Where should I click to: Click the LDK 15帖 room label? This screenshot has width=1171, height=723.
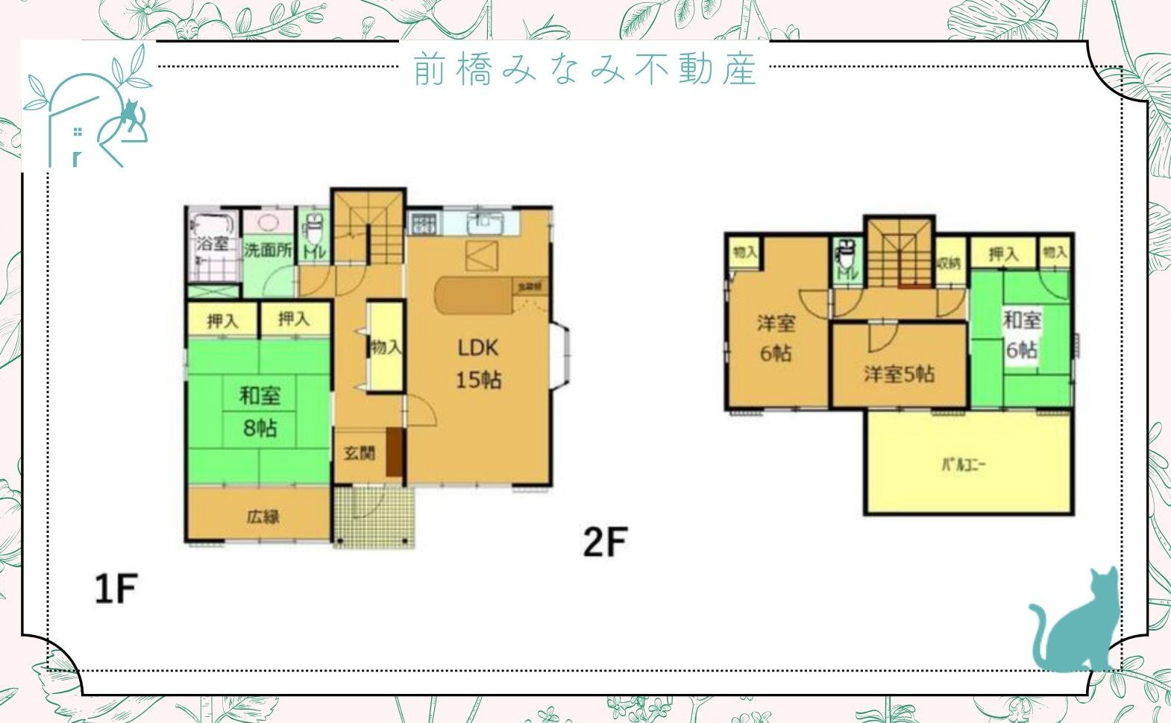(478, 364)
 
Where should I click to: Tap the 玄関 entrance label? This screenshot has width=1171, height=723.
(359, 452)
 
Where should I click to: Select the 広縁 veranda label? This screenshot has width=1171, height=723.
(263, 516)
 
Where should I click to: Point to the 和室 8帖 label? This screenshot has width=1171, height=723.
(260, 411)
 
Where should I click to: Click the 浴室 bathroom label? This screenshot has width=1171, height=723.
(213, 244)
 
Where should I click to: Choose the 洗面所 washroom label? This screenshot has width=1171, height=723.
(268, 250)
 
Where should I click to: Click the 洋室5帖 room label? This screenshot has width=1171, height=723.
(899, 373)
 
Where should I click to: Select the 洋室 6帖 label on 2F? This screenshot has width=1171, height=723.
(776, 338)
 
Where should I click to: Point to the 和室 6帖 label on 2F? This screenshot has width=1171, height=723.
(1021, 335)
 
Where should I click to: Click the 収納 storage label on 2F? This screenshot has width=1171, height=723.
(949, 263)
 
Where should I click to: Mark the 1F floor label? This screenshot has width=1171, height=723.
(116, 588)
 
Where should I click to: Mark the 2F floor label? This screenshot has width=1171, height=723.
(604, 542)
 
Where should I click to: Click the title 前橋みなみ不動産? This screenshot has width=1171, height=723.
(585, 69)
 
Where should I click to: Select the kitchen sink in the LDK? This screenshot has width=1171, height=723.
(486, 222)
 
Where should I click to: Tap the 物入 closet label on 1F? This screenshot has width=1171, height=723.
(386, 347)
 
